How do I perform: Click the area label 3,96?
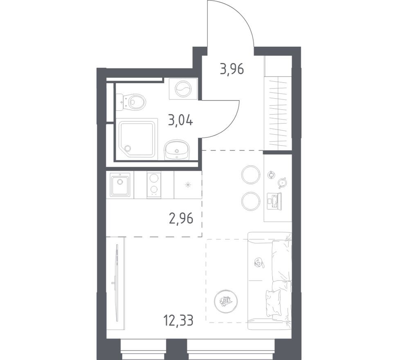click(232, 69)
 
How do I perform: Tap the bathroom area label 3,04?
click(180, 121)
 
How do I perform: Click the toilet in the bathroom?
click(133, 102)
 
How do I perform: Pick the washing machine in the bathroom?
click(183, 88)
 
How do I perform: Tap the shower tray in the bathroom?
click(137, 138)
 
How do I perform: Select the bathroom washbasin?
click(177, 150)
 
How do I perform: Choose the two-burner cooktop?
click(154, 184)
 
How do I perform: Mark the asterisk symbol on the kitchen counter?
click(188, 185)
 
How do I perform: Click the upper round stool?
click(251, 175)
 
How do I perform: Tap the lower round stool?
click(250, 200)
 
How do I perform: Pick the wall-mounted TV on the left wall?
click(117, 282)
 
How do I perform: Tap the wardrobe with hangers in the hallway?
click(278, 112)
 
